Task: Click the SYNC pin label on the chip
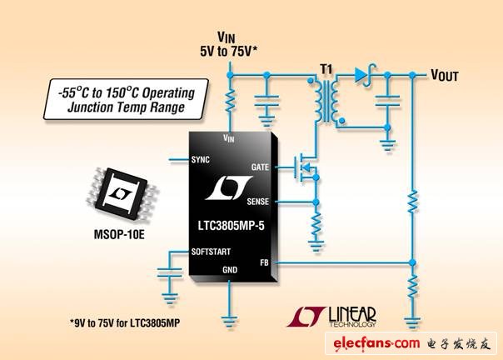(x=200, y=160)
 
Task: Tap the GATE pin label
(x=260, y=167)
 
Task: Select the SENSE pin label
(x=257, y=202)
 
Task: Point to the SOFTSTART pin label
(x=211, y=252)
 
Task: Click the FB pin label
(x=264, y=262)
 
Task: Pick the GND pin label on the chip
(x=230, y=270)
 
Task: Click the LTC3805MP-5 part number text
(x=231, y=226)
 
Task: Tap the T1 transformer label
(x=326, y=68)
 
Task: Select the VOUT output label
(x=445, y=75)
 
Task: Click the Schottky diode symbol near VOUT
(x=365, y=75)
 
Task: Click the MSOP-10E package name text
(x=119, y=234)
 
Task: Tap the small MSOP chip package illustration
(x=122, y=194)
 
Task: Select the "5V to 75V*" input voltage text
(x=228, y=52)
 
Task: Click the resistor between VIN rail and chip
(x=230, y=101)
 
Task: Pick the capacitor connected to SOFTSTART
(x=170, y=272)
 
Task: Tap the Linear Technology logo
(x=331, y=317)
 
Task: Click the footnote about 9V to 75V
(x=125, y=322)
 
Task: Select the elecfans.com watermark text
(x=376, y=343)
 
